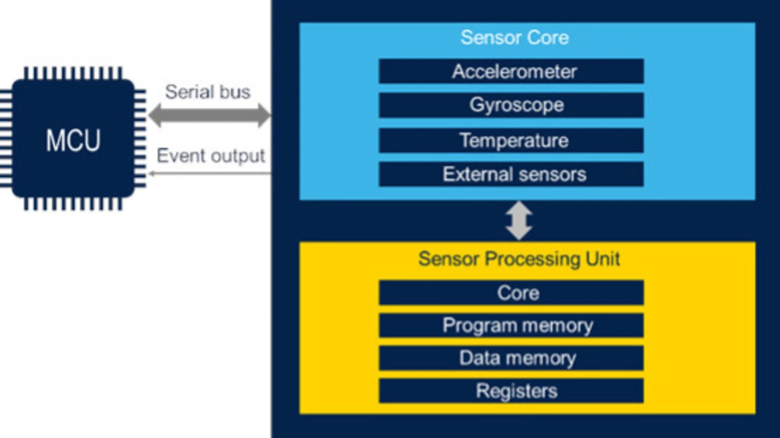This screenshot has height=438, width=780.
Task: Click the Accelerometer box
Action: point(511,71)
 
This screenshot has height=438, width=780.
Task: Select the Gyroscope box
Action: point(511,105)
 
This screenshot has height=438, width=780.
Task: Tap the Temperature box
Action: point(511,140)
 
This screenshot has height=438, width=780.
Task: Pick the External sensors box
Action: point(511,174)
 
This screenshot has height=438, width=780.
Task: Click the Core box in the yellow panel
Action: point(511,293)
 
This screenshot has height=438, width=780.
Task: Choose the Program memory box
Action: point(511,325)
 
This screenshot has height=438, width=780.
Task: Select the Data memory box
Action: point(511,358)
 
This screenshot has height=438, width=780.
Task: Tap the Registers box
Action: point(511,390)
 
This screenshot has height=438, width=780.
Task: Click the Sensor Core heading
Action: point(515,37)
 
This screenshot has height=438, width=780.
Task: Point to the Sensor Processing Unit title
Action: point(519,259)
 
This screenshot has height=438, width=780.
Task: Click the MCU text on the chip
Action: point(74,140)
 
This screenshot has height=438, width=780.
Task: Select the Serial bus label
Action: point(208,92)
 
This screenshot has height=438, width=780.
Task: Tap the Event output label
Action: point(211,155)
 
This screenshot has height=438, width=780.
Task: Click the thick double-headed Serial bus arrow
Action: point(209,115)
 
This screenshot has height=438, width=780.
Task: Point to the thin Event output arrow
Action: point(210,173)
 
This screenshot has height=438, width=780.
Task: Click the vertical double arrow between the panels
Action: point(519,221)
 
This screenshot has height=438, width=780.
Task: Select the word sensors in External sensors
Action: point(551,174)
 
